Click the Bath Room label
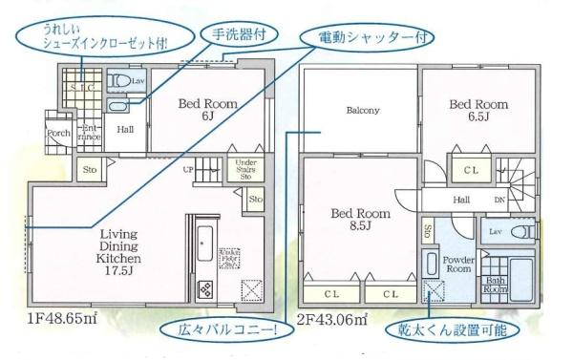tap(495, 284)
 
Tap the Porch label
tap(58, 133)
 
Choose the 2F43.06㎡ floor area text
tap(332, 317)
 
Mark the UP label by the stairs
tap(189, 169)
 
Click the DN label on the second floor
tap(499, 201)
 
